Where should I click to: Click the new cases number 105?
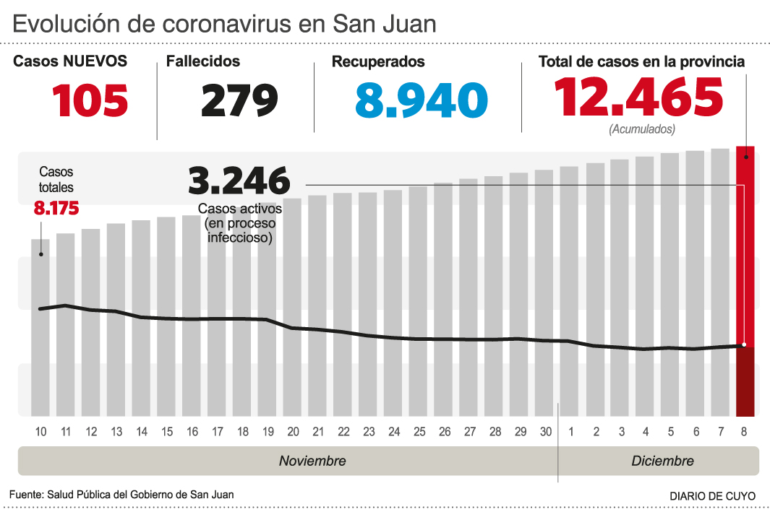(90, 100)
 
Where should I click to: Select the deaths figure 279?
(239, 100)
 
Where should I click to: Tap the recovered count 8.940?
(421, 100)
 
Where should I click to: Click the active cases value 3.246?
(239, 181)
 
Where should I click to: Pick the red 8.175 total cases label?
(56, 209)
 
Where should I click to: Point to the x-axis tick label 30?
(545, 433)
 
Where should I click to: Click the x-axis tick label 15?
(167, 433)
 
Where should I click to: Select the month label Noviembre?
(312, 461)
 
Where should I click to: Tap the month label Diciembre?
(662, 461)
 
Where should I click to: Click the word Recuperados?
(378, 62)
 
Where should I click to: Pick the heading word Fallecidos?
(203, 62)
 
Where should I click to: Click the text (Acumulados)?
(642, 129)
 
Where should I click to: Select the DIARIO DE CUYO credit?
(712, 496)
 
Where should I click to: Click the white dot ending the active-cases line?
(744, 345)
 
